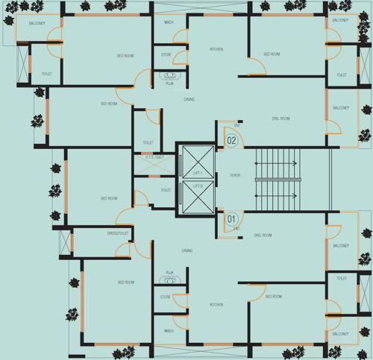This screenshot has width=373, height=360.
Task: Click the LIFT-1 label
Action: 198,174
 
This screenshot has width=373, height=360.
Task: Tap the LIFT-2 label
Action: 198,185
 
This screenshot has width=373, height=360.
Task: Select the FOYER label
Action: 235,175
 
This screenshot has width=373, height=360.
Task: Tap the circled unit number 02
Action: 231,140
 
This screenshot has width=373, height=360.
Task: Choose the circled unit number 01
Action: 231,219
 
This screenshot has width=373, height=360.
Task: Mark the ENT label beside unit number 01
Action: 236,229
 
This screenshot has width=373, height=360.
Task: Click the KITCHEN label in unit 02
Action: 216,49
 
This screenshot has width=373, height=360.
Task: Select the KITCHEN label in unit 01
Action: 216,305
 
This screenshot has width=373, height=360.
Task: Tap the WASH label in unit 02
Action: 169,22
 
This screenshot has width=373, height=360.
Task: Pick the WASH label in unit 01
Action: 169,330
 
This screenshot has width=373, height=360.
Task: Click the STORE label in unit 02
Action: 166,55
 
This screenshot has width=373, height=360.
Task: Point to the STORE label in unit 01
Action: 166,297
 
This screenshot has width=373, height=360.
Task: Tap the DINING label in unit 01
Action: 187,250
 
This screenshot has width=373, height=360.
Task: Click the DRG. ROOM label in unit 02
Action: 280,119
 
